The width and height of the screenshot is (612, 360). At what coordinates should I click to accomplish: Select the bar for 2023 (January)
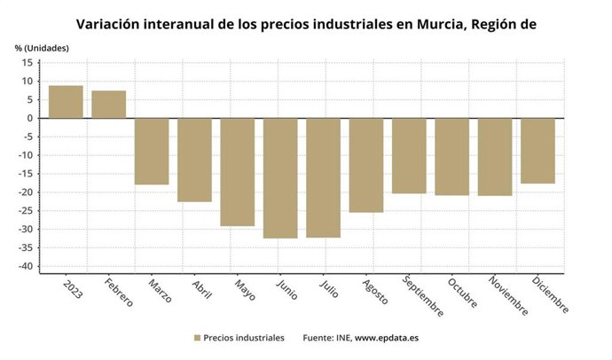point(66,102)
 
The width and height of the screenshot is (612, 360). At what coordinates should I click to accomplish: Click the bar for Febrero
point(108,105)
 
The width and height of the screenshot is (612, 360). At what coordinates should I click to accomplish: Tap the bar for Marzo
point(152,151)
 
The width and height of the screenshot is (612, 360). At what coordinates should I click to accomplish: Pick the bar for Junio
point(280,178)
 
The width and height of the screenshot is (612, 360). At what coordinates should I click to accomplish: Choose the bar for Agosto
point(366,165)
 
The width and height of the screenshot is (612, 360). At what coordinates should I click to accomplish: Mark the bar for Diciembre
point(537,151)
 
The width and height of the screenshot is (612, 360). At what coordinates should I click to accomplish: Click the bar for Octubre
point(452,156)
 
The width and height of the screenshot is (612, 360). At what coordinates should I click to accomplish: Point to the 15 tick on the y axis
point(28,63)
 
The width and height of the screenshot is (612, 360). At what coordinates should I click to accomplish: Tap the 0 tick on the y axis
point(31,119)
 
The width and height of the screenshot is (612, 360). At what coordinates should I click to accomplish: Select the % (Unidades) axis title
point(41,47)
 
